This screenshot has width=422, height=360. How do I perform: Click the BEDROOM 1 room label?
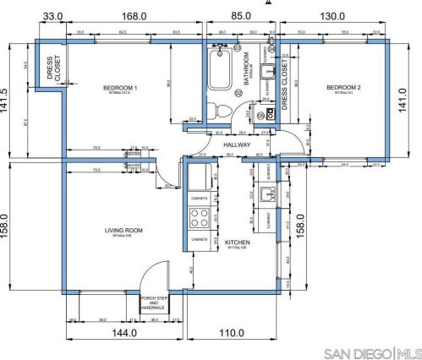[x=121, y=88]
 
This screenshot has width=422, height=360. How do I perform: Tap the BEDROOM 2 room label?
[x=344, y=88]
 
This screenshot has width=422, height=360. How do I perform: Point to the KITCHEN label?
[x=236, y=243]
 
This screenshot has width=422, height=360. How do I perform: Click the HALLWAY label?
[x=238, y=145]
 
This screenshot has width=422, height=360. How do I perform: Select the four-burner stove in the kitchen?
[x=200, y=218]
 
